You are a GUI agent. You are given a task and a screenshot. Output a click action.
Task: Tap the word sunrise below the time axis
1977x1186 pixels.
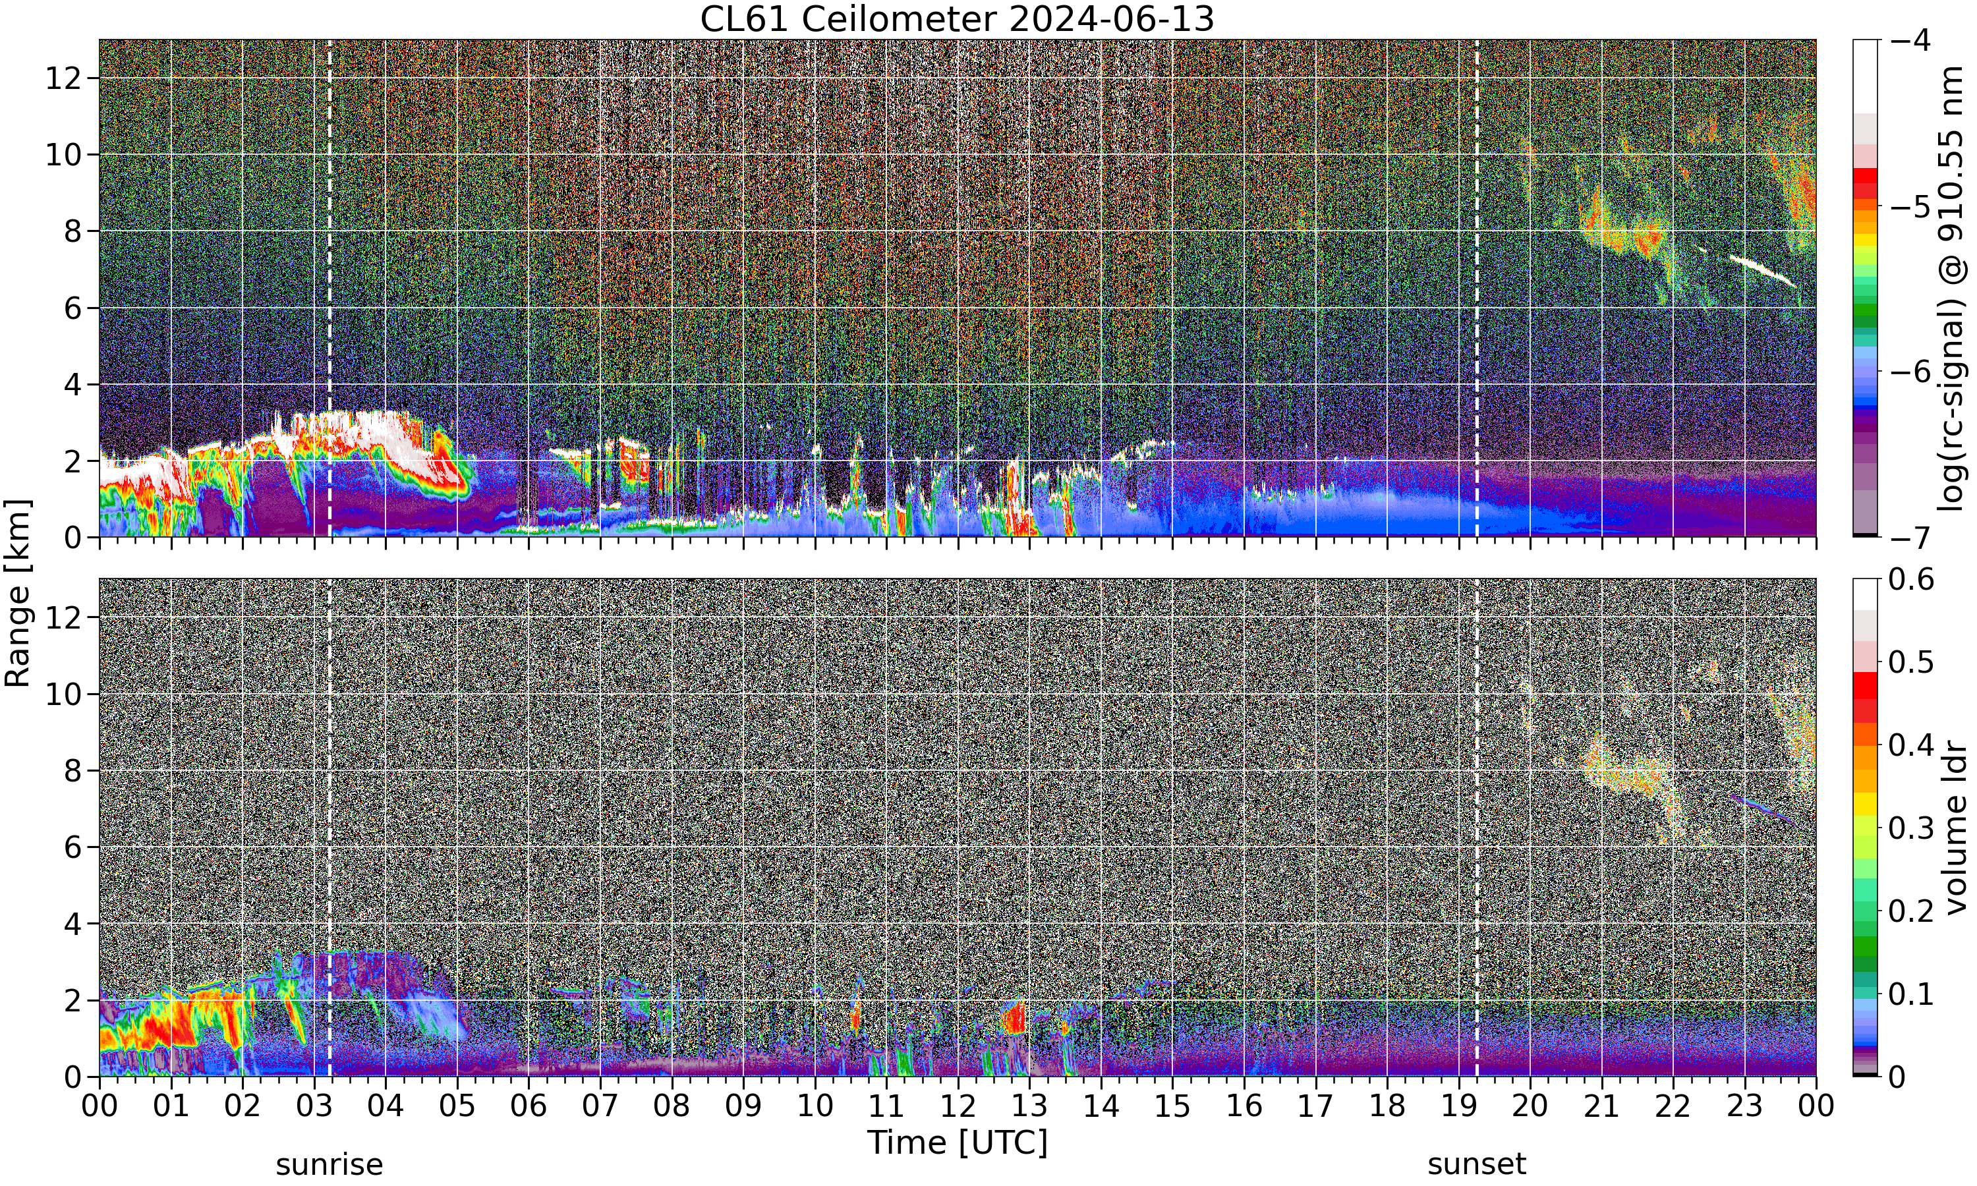tap(329, 1164)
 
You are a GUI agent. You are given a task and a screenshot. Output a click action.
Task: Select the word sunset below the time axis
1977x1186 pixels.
tap(1477, 1164)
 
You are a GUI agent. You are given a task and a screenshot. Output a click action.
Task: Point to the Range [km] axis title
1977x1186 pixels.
tap(18, 593)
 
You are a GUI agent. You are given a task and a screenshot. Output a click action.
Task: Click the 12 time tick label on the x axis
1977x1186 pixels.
tap(958, 1106)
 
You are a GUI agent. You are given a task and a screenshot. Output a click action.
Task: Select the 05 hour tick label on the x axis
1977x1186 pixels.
tap(457, 1106)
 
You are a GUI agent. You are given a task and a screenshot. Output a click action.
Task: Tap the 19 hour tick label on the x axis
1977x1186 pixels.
tap(1458, 1106)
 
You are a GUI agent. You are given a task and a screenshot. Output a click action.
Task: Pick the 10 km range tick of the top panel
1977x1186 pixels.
tap(64, 155)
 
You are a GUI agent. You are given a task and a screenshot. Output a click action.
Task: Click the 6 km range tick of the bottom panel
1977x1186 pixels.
tap(74, 847)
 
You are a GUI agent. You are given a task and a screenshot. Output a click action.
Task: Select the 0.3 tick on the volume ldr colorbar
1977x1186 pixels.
tap(1910, 827)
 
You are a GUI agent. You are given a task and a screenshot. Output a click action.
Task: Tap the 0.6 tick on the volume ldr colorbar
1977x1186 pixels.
tap(1910, 579)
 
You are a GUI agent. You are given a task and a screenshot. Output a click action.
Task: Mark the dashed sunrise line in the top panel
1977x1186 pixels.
tap(329, 289)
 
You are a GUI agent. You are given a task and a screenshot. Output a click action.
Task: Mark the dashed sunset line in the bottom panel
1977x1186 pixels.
tap(1477, 827)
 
